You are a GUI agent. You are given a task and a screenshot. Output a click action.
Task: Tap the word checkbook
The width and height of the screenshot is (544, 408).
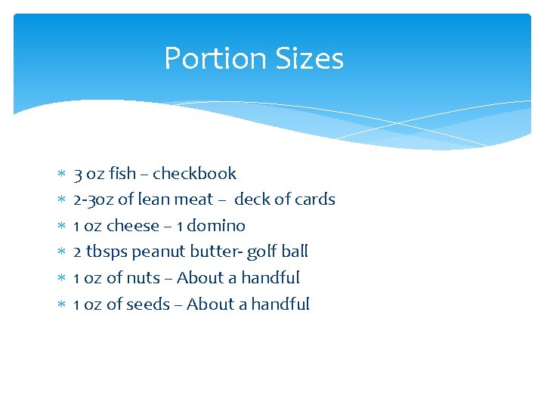pyautogui.click(x=194, y=174)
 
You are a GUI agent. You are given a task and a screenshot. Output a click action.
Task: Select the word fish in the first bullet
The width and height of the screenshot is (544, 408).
pyautogui.click(x=122, y=174)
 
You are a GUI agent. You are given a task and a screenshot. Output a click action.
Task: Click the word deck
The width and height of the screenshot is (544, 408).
pyautogui.click(x=251, y=199)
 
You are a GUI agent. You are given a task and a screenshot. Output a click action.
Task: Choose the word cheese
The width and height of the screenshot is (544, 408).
pyautogui.click(x=133, y=226)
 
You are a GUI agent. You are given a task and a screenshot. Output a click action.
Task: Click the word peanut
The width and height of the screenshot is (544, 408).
pyautogui.click(x=159, y=252)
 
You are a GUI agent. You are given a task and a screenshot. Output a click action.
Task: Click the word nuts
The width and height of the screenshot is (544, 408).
pyautogui.click(x=143, y=278)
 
